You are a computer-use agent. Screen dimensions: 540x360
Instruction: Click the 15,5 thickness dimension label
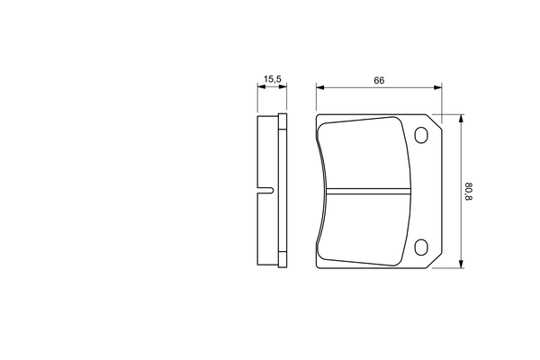tap(273, 79)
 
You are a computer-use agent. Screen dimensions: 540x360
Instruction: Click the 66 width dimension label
tap(379, 81)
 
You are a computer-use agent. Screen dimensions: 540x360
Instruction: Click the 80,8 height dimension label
tap(469, 192)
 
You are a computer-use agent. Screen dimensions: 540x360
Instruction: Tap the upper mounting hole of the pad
tap(421, 135)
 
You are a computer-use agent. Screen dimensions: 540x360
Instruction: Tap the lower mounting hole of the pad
tap(421, 247)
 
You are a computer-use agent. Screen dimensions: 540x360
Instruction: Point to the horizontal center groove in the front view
tap(368, 191)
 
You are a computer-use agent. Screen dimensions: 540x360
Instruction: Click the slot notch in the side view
tap(265, 190)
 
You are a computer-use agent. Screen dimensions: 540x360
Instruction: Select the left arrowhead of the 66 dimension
tap(320, 87)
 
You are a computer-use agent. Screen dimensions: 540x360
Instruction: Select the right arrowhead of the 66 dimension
tap(437, 87)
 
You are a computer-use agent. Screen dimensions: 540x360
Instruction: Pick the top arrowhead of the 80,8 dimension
tap(461, 119)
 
